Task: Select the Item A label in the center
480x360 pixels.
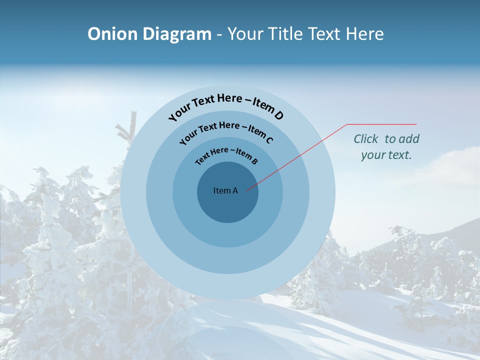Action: pos(225,190)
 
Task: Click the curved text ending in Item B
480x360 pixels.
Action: pos(226,154)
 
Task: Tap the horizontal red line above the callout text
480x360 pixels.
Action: pos(382,124)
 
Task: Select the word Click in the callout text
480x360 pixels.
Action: pos(366,139)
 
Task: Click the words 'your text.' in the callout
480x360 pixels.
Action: pos(386,155)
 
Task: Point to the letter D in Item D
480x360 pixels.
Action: pos(278,115)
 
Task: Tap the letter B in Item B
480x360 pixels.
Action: pos(254,161)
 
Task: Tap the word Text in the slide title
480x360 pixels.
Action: pos(324,34)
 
